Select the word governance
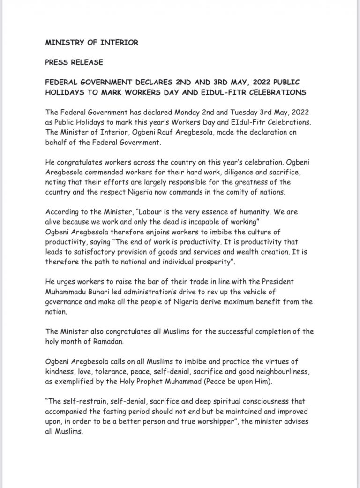coord(65,301)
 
